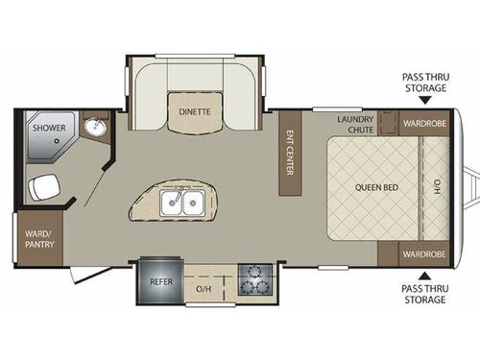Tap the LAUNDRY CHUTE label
tap(354, 124)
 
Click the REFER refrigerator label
tap(159, 281)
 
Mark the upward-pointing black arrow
tap(423, 273)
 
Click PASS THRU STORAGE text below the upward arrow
tap(423, 294)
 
